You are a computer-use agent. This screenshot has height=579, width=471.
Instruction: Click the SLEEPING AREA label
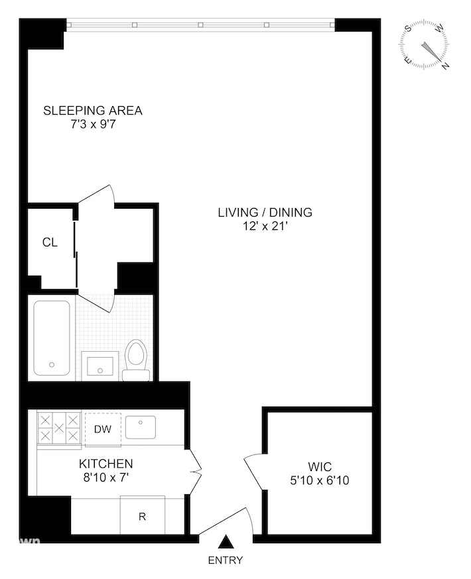point(93,110)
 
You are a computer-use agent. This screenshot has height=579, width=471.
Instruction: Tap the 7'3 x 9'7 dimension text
point(93,123)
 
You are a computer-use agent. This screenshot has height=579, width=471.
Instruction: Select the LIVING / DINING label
point(265,213)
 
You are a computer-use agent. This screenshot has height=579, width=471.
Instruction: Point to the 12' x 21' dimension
point(265,226)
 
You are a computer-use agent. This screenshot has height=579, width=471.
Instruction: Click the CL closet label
point(50,242)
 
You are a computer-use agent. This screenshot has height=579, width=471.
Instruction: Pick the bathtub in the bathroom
point(52,337)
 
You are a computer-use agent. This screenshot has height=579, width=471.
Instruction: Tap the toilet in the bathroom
point(137,361)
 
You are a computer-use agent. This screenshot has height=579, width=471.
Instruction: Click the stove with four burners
point(59,428)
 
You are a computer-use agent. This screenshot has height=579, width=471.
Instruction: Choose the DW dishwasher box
point(102,429)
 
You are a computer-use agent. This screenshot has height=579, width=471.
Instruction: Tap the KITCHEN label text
point(106,464)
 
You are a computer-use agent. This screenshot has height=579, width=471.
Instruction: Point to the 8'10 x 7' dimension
point(106,477)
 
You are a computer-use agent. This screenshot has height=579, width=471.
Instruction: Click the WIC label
point(320,466)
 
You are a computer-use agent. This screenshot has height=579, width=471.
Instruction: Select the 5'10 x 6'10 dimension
point(320,480)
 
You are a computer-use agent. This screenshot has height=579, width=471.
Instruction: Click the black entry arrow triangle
point(226,542)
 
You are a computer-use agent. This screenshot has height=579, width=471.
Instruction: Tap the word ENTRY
point(226,560)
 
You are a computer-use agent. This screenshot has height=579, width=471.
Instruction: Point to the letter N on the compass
point(446,65)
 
